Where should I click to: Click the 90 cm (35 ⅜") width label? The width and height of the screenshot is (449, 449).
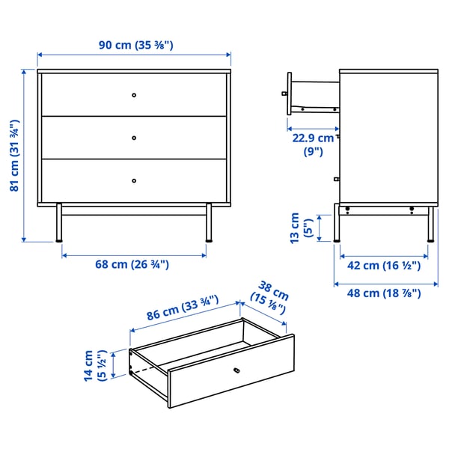[135, 45]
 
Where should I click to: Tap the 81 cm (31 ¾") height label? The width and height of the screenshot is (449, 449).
[14, 156]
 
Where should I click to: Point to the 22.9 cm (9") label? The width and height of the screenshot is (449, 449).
[313, 144]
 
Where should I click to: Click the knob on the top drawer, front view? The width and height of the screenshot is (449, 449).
[134, 94]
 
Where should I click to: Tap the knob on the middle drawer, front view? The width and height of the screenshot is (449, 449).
[134, 137]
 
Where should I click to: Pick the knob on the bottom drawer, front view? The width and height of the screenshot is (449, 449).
[134, 180]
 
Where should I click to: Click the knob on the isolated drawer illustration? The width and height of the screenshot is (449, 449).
[236, 370]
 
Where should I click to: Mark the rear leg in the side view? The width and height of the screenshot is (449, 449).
[430, 224]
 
